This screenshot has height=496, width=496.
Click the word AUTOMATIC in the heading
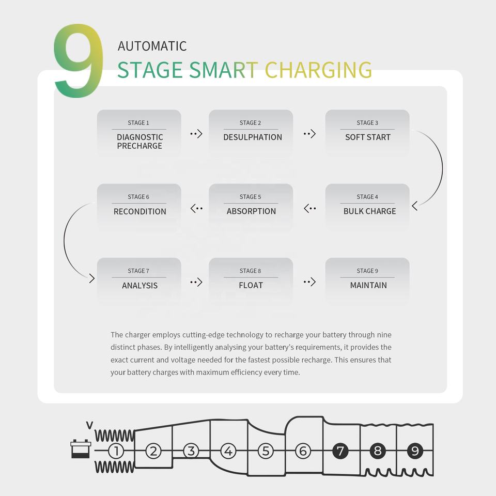[x=152, y=45]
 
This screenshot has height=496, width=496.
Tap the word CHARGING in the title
[x=318, y=70]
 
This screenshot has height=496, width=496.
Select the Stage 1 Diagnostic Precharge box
[x=139, y=133]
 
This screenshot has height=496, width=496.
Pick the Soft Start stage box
[x=367, y=133]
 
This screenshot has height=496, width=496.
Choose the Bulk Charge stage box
[x=367, y=207]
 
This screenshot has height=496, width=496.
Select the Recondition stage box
[x=139, y=207]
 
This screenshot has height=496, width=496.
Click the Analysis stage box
[x=139, y=281]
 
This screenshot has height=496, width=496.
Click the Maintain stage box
[x=367, y=281]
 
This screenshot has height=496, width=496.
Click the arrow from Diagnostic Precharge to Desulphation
[x=196, y=134]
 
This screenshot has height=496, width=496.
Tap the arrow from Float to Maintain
[x=309, y=282]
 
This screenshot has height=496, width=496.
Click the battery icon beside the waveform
[x=81, y=449]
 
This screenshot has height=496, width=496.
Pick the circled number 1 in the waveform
[x=116, y=451]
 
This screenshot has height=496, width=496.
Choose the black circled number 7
[x=340, y=451]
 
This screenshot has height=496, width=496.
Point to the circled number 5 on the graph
[x=266, y=451]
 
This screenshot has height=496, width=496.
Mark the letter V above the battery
[x=89, y=425]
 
